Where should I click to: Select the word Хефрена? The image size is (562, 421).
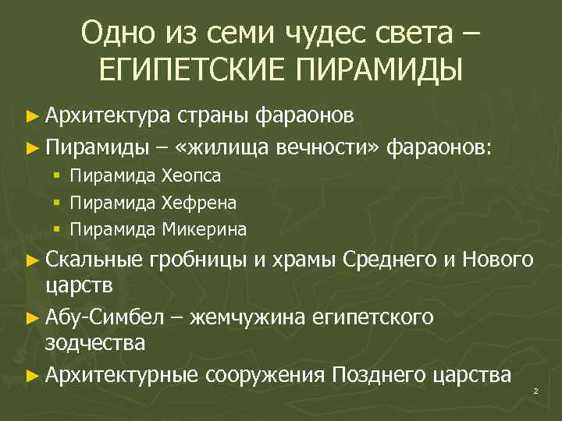coord(199,203)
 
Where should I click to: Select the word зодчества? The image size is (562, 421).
coord(95,343)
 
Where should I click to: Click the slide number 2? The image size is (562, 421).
coord(536,391)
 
